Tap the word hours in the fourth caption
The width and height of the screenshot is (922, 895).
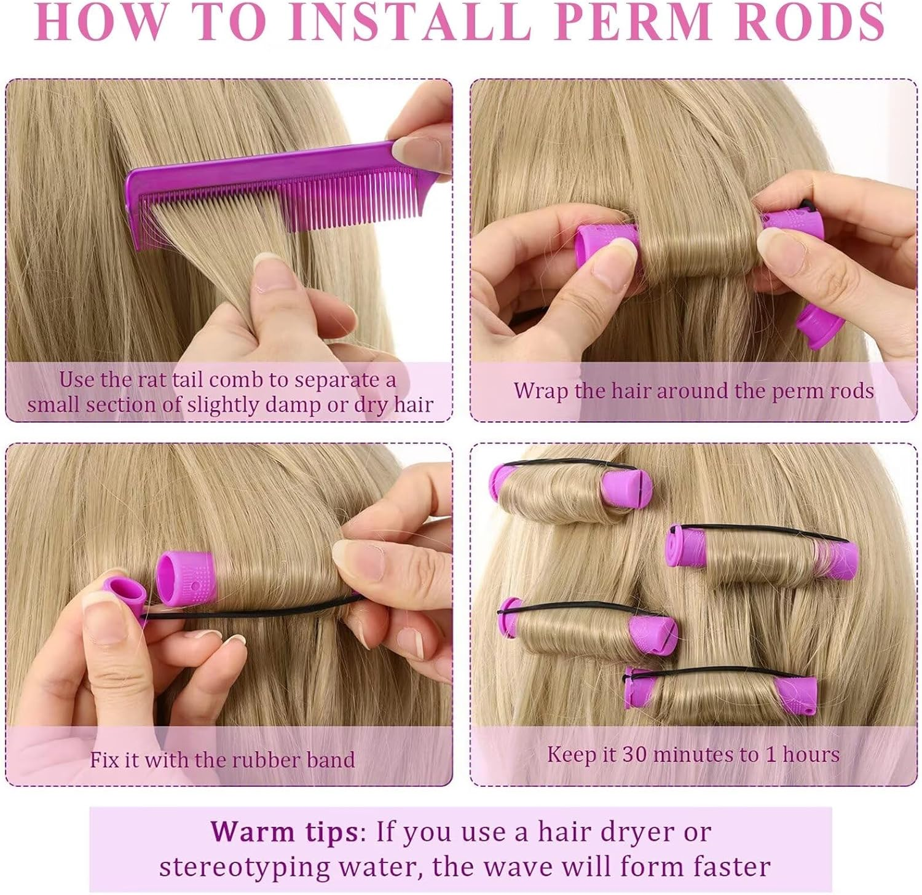pyautogui.click(x=811, y=754)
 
